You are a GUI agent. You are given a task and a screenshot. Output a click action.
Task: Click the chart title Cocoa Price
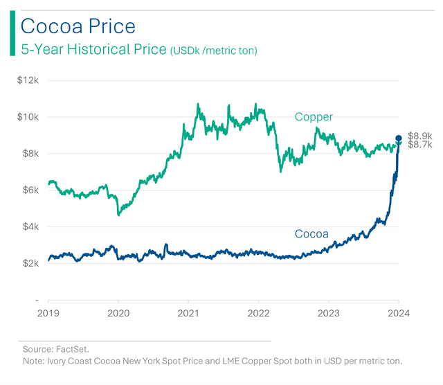(x=78, y=26)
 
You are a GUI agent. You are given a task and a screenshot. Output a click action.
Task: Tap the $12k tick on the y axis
(x=28, y=80)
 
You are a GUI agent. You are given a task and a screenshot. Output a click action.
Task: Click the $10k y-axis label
(x=28, y=117)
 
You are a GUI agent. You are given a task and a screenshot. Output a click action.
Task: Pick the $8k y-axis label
(x=30, y=154)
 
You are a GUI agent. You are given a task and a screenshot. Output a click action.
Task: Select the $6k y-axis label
(x=30, y=190)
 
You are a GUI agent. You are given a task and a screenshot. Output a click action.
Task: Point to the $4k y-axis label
(x=30, y=227)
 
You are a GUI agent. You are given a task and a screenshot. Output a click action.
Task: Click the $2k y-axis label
(x=30, y=264)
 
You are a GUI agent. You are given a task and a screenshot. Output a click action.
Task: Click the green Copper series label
(x=314, y=117)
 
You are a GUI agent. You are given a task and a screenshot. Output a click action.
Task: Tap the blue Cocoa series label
(x=311, y=234)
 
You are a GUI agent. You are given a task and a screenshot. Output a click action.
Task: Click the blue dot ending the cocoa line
(x=399, y=138)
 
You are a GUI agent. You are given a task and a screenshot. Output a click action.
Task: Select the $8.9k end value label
(x=420, y=136)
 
